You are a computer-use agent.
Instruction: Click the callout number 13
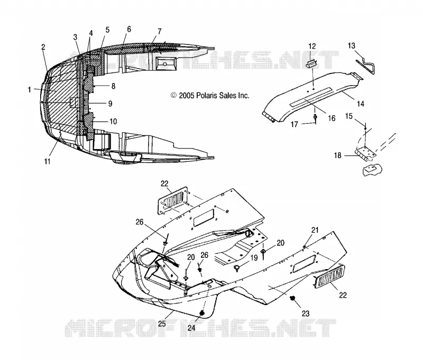tap(351, 46)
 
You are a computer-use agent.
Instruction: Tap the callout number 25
tap(162, 324)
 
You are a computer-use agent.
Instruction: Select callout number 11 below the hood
tap(47, 162)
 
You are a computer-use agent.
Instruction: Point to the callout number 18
tap(337, 155)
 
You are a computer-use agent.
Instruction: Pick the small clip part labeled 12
tap(311, 64)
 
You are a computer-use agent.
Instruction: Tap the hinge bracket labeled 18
tap(365, 154)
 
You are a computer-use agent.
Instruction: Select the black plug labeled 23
tap(292, 298)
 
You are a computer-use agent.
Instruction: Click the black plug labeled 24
tap(202, 312)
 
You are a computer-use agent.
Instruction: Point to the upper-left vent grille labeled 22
tap(173, 200)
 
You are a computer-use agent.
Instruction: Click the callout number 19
tap(254, 257)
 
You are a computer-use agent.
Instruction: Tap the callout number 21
tap(315, 230)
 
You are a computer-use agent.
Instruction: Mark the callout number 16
tap(332, 118)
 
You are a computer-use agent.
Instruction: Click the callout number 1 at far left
tap(29, 89)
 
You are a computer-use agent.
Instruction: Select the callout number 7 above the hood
tap(159, 31)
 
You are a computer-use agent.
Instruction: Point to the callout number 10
tap(113, 122)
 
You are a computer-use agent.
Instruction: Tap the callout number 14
tap(361, 104)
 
